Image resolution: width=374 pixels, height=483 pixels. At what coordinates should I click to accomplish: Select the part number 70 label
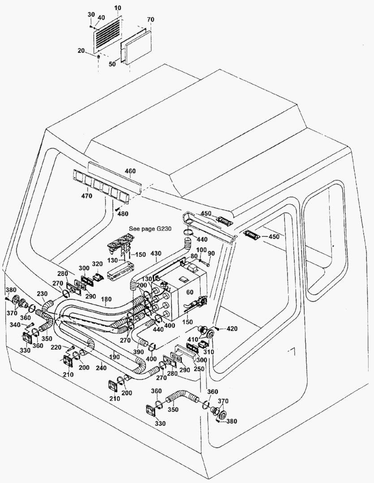coord(150,20)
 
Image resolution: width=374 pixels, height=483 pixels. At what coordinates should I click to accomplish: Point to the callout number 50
coord(112,64)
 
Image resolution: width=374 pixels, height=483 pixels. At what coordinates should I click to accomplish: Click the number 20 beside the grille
coord(81,51)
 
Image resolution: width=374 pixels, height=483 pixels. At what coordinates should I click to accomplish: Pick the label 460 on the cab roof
coord(130,171)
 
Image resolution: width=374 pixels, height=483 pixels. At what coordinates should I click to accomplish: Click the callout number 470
coord(86,196)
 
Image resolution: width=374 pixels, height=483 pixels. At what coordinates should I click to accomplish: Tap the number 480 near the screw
coord(123,214)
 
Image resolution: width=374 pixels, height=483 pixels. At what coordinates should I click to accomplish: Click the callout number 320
coord(97,263)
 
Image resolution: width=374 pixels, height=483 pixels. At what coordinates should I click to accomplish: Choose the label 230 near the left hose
coord(42,294)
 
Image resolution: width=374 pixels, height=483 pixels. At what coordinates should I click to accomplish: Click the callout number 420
coord(231,329)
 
